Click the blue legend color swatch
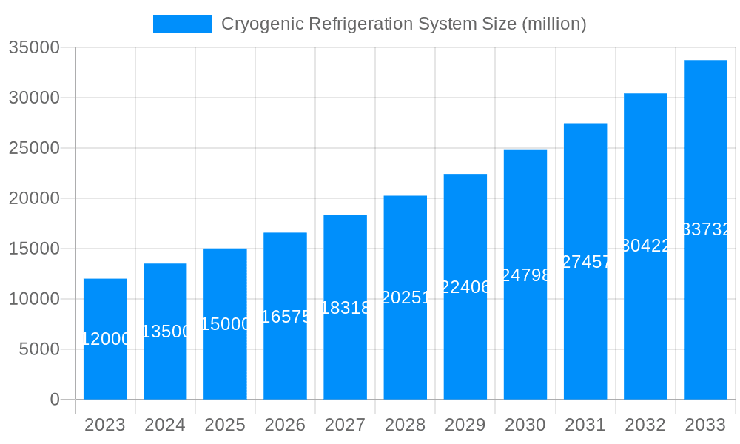182,24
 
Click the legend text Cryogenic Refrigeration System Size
403,24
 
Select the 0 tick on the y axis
54,400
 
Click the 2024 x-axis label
165,425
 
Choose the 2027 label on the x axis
345,425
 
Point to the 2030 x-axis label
525,425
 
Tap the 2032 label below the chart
645,425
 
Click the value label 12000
105,339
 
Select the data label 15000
225,324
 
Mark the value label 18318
345,308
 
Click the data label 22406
465,287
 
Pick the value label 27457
585,262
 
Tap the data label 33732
705,230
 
